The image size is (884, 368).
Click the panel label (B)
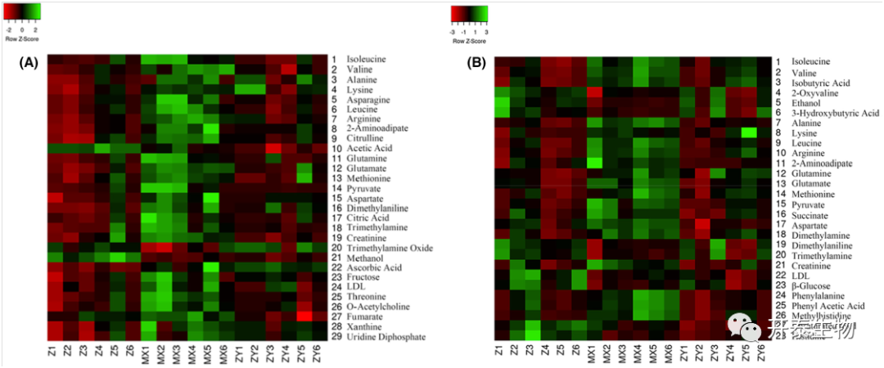[x=476, y=63]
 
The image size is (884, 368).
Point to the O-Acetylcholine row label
[x=376, y=307]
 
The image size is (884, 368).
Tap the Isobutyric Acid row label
[x=819, y=83]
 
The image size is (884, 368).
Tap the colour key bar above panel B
[x=469, y=14]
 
